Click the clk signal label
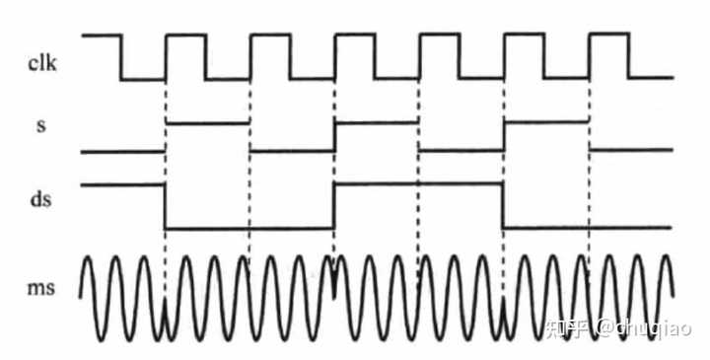[42, 64]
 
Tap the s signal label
[40, 126]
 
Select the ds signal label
[40, 198]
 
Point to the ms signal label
[41, 288]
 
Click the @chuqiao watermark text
[643, 327]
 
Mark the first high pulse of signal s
[208, 122]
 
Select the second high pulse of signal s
[376, 122]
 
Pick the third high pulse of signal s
[546, 121]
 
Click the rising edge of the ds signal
[334, 206]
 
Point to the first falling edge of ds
[165, 206]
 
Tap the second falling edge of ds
[504, 205]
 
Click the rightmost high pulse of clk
[609, 34]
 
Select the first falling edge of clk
[121, 57]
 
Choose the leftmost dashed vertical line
[166, 190]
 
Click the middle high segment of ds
[419, 183]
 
